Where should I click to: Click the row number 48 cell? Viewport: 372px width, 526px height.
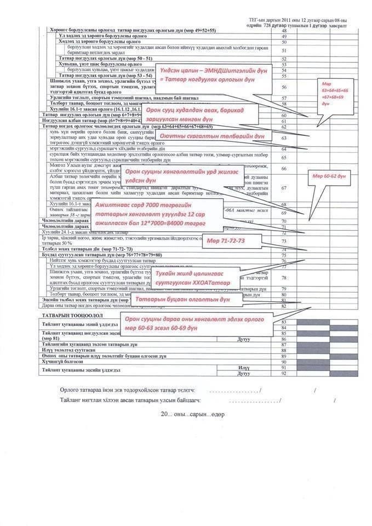284,30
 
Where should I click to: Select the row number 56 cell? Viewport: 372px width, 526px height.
284,87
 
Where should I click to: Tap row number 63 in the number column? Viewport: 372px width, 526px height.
284,138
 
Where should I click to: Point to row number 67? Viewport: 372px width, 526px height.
284,187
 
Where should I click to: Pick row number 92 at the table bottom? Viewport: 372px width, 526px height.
284,373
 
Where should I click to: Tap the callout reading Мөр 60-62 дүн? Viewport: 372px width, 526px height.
329,176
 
